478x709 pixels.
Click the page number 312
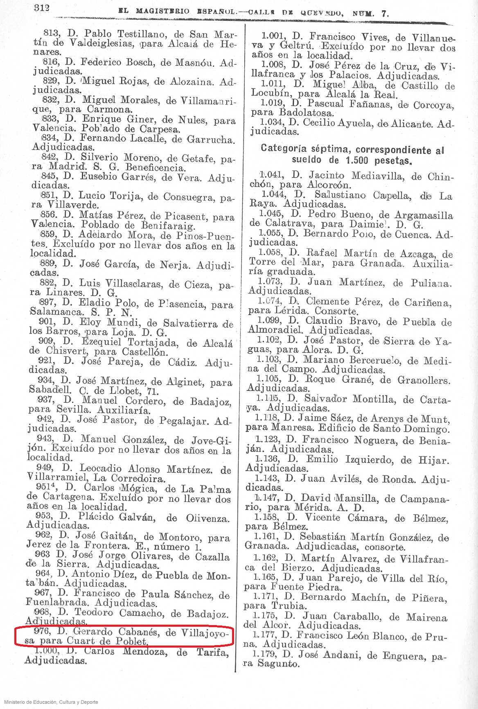[42, 7]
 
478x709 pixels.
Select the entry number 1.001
[275, 36]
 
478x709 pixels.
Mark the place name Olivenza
[207, 518]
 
